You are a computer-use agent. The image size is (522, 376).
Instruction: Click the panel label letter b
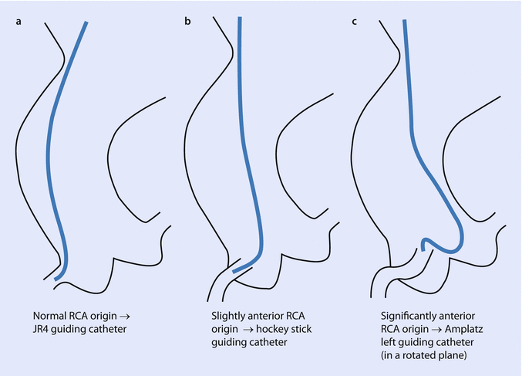187,21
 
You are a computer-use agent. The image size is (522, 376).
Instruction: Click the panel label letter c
354,21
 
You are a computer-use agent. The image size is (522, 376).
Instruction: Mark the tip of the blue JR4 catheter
56,279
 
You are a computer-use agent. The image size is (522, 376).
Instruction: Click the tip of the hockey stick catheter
233,271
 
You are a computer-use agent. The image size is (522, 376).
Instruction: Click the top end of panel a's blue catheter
86,22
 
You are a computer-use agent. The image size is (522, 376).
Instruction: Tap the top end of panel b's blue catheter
240,16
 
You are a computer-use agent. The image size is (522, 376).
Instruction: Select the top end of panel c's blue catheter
404,21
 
